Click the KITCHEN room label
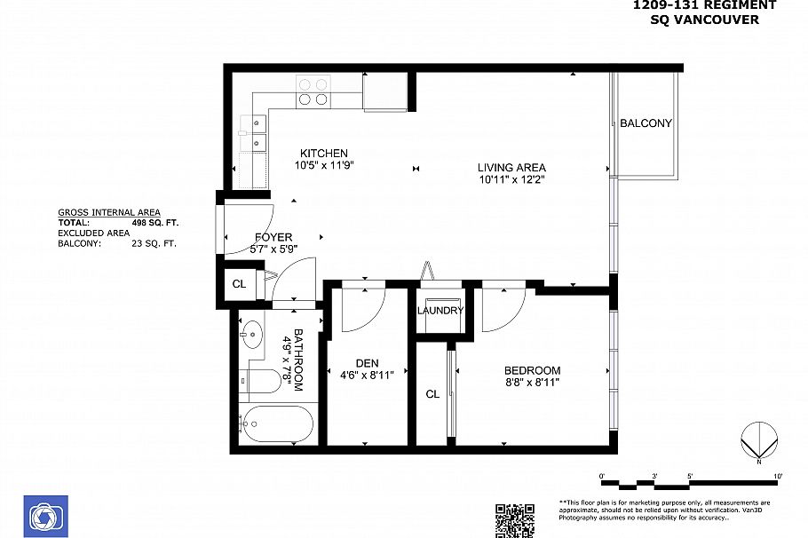323,153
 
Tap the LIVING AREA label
511,168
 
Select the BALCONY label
646,123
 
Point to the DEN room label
367,363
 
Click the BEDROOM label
533,370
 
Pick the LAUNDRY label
440,310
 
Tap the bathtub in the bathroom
277,424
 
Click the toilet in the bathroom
262,381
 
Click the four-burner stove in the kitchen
313,91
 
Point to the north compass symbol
759,441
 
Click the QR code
514,521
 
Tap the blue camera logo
46,517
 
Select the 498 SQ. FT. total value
155,223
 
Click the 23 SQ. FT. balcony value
154,243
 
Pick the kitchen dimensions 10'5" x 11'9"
324,165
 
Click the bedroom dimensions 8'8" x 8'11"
533,383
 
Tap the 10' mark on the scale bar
778,476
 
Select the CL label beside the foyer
239,284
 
